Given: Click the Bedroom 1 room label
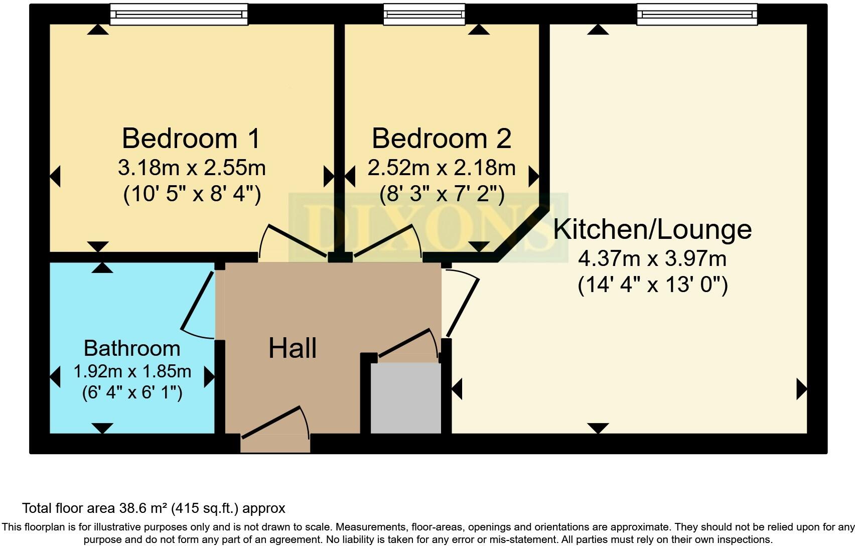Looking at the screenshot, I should (x=191, y=139).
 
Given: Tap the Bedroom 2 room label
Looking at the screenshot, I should (x=441, y=139).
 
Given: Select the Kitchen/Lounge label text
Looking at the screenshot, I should (x=652, y=229).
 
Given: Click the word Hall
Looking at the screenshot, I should (x=293, y=348).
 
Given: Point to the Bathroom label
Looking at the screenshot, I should (x=132, y=348).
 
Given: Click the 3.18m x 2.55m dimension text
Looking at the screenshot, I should (x=192, y=168).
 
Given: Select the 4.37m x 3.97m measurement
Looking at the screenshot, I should (x=652, y=259).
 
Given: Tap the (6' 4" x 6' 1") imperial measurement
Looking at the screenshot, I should (x=132, y=392).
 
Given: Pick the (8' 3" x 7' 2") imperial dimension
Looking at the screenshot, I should (x=442, y=194).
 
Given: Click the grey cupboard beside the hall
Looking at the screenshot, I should (x=405, y=398).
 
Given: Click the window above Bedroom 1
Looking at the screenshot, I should (x=179, y=15).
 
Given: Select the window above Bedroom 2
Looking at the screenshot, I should (x=424, y=15).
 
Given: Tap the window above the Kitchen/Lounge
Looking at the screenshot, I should (x=697, y=15).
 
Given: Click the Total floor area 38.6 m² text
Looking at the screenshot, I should (x=154, y=508).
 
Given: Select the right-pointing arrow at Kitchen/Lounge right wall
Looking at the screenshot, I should (x=801, y=389).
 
